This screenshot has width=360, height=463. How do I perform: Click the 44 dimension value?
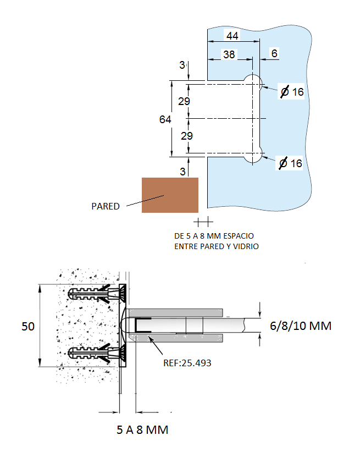[x=232, y=36]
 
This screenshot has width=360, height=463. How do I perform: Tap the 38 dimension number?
[x=229, y=54]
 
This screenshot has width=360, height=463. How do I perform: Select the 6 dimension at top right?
[x=274, y=53]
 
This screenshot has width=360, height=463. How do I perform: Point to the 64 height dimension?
[x=165, y=119]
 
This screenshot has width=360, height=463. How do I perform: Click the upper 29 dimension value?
[x=184, y=101]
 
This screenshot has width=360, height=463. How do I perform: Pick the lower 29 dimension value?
[x=187, y=136]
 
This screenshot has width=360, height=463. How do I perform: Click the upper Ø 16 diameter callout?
[x=292, y=91]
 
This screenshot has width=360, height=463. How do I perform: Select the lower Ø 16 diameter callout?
[x=291, y=163]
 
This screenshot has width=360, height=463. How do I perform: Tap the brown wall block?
[x=170, y=195]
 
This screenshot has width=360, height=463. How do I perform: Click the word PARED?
[x=106, y=206]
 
